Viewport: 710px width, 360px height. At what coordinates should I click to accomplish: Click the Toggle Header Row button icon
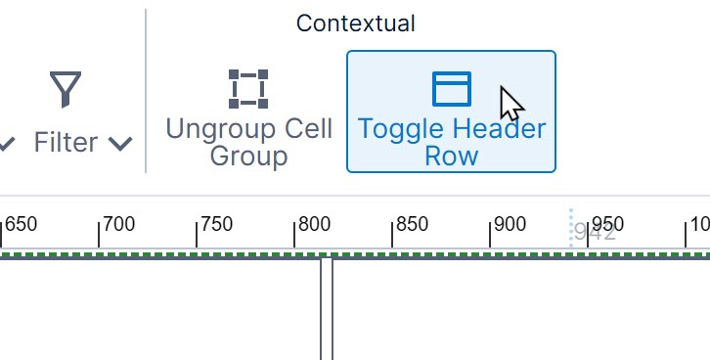click(451, 88)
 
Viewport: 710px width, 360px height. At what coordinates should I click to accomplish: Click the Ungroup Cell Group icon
click(248, 88)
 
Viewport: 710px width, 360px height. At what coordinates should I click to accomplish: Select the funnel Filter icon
click(66, 89)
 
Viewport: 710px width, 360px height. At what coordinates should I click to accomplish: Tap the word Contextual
click(355, 23)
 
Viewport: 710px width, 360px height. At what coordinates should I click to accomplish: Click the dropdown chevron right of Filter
click(120, 144)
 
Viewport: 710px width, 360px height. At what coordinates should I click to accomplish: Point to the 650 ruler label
click(21, 224)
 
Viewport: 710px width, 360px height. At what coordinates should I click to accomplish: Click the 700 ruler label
click(118, 224)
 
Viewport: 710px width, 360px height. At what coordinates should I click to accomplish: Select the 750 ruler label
click(216, 224)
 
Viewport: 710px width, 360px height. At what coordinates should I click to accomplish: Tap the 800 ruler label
click(314, 224)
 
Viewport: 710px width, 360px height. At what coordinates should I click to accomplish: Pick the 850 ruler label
click(412, 224)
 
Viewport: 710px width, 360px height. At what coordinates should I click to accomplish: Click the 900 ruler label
click(510, 224)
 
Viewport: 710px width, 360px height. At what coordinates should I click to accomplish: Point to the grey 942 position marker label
click(595, 233)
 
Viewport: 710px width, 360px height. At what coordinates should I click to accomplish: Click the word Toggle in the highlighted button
click(395, 129)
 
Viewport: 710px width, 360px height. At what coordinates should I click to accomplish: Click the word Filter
click(66, 143)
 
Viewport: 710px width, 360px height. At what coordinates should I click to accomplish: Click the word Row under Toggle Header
click(451, 157)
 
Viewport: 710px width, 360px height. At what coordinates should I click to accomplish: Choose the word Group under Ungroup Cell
click(248, 157)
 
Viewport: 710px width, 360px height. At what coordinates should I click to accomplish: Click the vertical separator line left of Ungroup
click(146, 91)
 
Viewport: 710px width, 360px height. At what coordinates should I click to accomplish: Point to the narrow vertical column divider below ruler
click(327, 308)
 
